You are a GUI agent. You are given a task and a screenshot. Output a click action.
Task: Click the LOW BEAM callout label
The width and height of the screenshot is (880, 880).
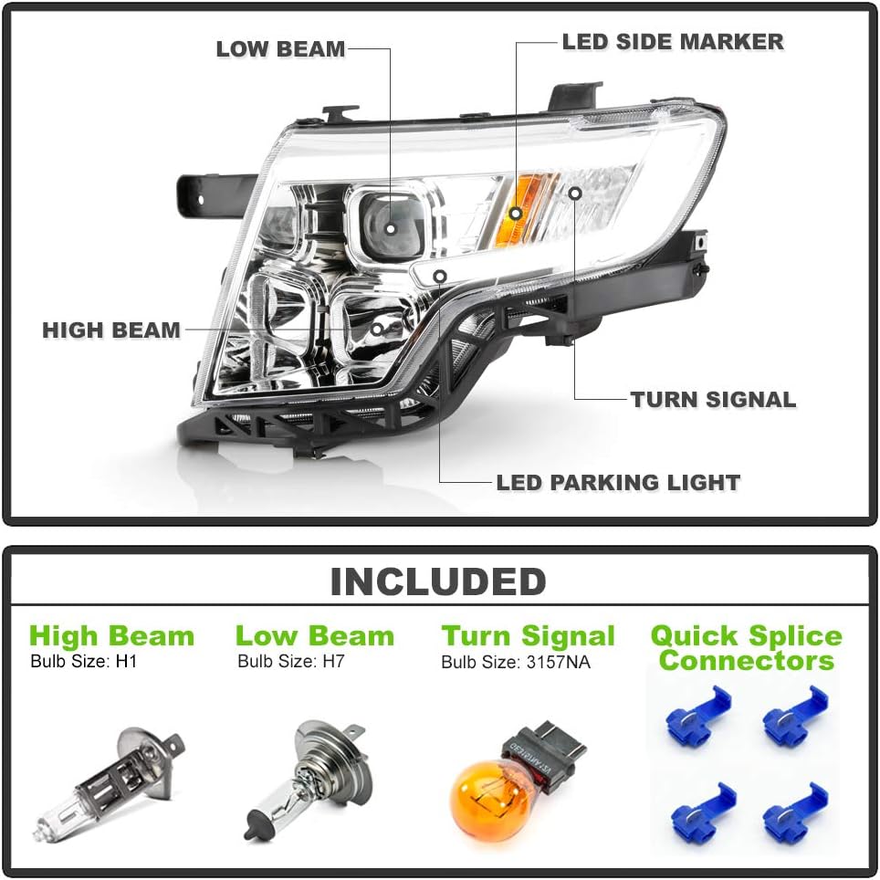280,48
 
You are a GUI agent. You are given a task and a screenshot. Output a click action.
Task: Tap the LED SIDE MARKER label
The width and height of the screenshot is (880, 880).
672,41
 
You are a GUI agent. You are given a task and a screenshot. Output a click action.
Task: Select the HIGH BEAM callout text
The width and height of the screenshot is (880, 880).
111,330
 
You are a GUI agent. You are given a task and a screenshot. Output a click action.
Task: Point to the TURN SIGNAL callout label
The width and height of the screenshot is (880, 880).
713,399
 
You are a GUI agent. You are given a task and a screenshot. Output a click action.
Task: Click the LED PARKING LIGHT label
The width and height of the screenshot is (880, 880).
618,482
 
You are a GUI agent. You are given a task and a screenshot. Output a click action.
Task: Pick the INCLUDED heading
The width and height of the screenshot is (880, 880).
438,581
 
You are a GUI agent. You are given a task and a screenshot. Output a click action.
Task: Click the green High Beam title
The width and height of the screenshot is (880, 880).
111,635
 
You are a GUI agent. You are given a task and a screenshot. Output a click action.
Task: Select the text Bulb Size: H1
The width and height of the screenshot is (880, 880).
83,661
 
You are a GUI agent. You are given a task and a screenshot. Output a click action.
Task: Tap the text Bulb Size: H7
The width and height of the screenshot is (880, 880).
290,661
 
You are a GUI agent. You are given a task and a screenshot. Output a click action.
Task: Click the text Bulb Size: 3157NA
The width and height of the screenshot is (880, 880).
515,662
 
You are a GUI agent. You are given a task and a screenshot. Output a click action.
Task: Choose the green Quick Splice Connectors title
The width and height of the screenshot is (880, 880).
746,647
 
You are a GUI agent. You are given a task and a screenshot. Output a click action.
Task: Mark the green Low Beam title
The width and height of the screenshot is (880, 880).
314,635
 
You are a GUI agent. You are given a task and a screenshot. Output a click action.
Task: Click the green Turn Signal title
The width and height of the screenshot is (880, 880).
528,635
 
